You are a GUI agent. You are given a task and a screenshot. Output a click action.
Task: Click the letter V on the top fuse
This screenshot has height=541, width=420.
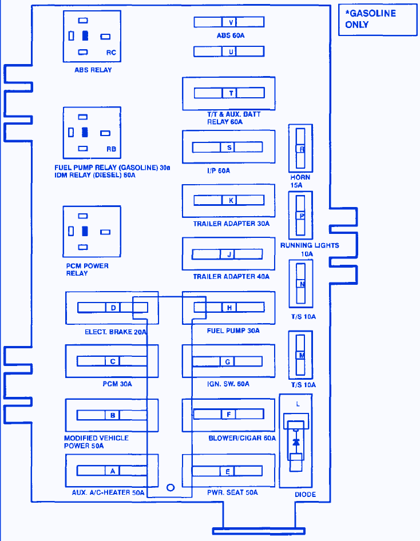(x=230, y=22)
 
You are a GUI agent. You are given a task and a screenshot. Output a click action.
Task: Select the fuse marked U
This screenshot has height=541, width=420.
(x=230, y=51)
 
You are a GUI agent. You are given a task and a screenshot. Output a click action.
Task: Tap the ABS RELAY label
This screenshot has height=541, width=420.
(x=93, y=70)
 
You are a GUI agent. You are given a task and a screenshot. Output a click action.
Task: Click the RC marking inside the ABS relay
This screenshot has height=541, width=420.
(x=111, y=53)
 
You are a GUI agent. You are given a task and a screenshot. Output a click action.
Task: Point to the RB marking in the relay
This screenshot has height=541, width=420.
(x=111, y=149)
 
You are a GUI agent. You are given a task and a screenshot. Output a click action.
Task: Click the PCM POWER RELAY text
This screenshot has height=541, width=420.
(x=87, y=269)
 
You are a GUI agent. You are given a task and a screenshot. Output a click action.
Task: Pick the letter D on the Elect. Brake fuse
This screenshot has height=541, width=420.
(x=113, y=308)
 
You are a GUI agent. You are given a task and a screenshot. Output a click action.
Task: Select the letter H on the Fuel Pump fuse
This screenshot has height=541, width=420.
(x=229, y=308)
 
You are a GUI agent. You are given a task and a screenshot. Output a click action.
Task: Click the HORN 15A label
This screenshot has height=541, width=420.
(x=300, y=181)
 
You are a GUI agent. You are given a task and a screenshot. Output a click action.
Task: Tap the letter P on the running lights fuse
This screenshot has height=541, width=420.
(x=301, y=216)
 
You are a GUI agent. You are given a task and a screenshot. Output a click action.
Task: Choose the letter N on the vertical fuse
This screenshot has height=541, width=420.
(x=301, y=284)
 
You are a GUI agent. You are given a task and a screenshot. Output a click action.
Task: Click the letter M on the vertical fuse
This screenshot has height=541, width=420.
(x=301, y=355)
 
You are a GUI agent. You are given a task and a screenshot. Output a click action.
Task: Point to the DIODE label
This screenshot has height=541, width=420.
(x=305, y=495)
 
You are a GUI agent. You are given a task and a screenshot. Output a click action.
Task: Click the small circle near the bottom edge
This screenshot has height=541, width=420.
(x=170, y=488)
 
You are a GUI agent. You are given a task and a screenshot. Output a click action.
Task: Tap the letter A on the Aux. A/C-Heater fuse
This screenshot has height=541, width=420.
(x=113, y=471)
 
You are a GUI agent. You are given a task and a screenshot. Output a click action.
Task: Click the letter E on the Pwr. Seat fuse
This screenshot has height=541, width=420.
(x=228, y=471)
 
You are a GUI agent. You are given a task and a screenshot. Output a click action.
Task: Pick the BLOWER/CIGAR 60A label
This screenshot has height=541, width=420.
(x=242, y=438)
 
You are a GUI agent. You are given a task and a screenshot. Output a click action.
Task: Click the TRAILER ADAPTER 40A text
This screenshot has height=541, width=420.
(x=231, y=277)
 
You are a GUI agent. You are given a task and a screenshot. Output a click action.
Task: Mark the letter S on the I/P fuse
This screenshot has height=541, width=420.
(x=228, y=148)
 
